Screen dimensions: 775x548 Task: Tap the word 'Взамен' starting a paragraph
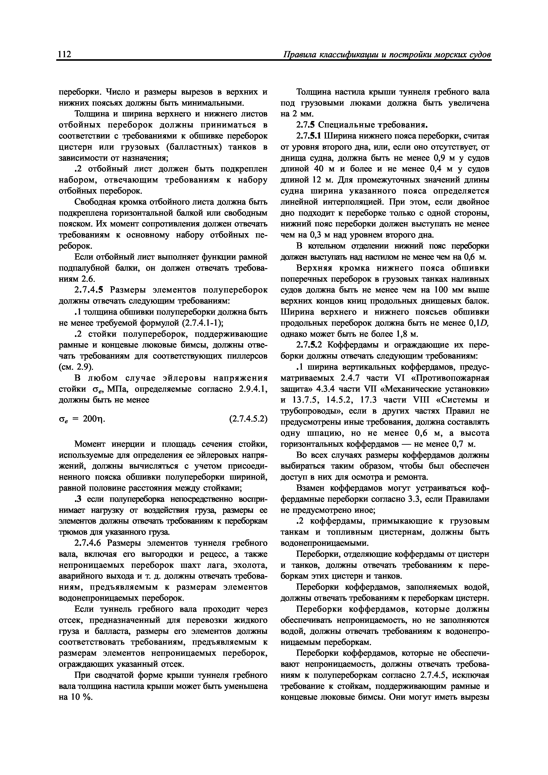pos(311,488)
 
